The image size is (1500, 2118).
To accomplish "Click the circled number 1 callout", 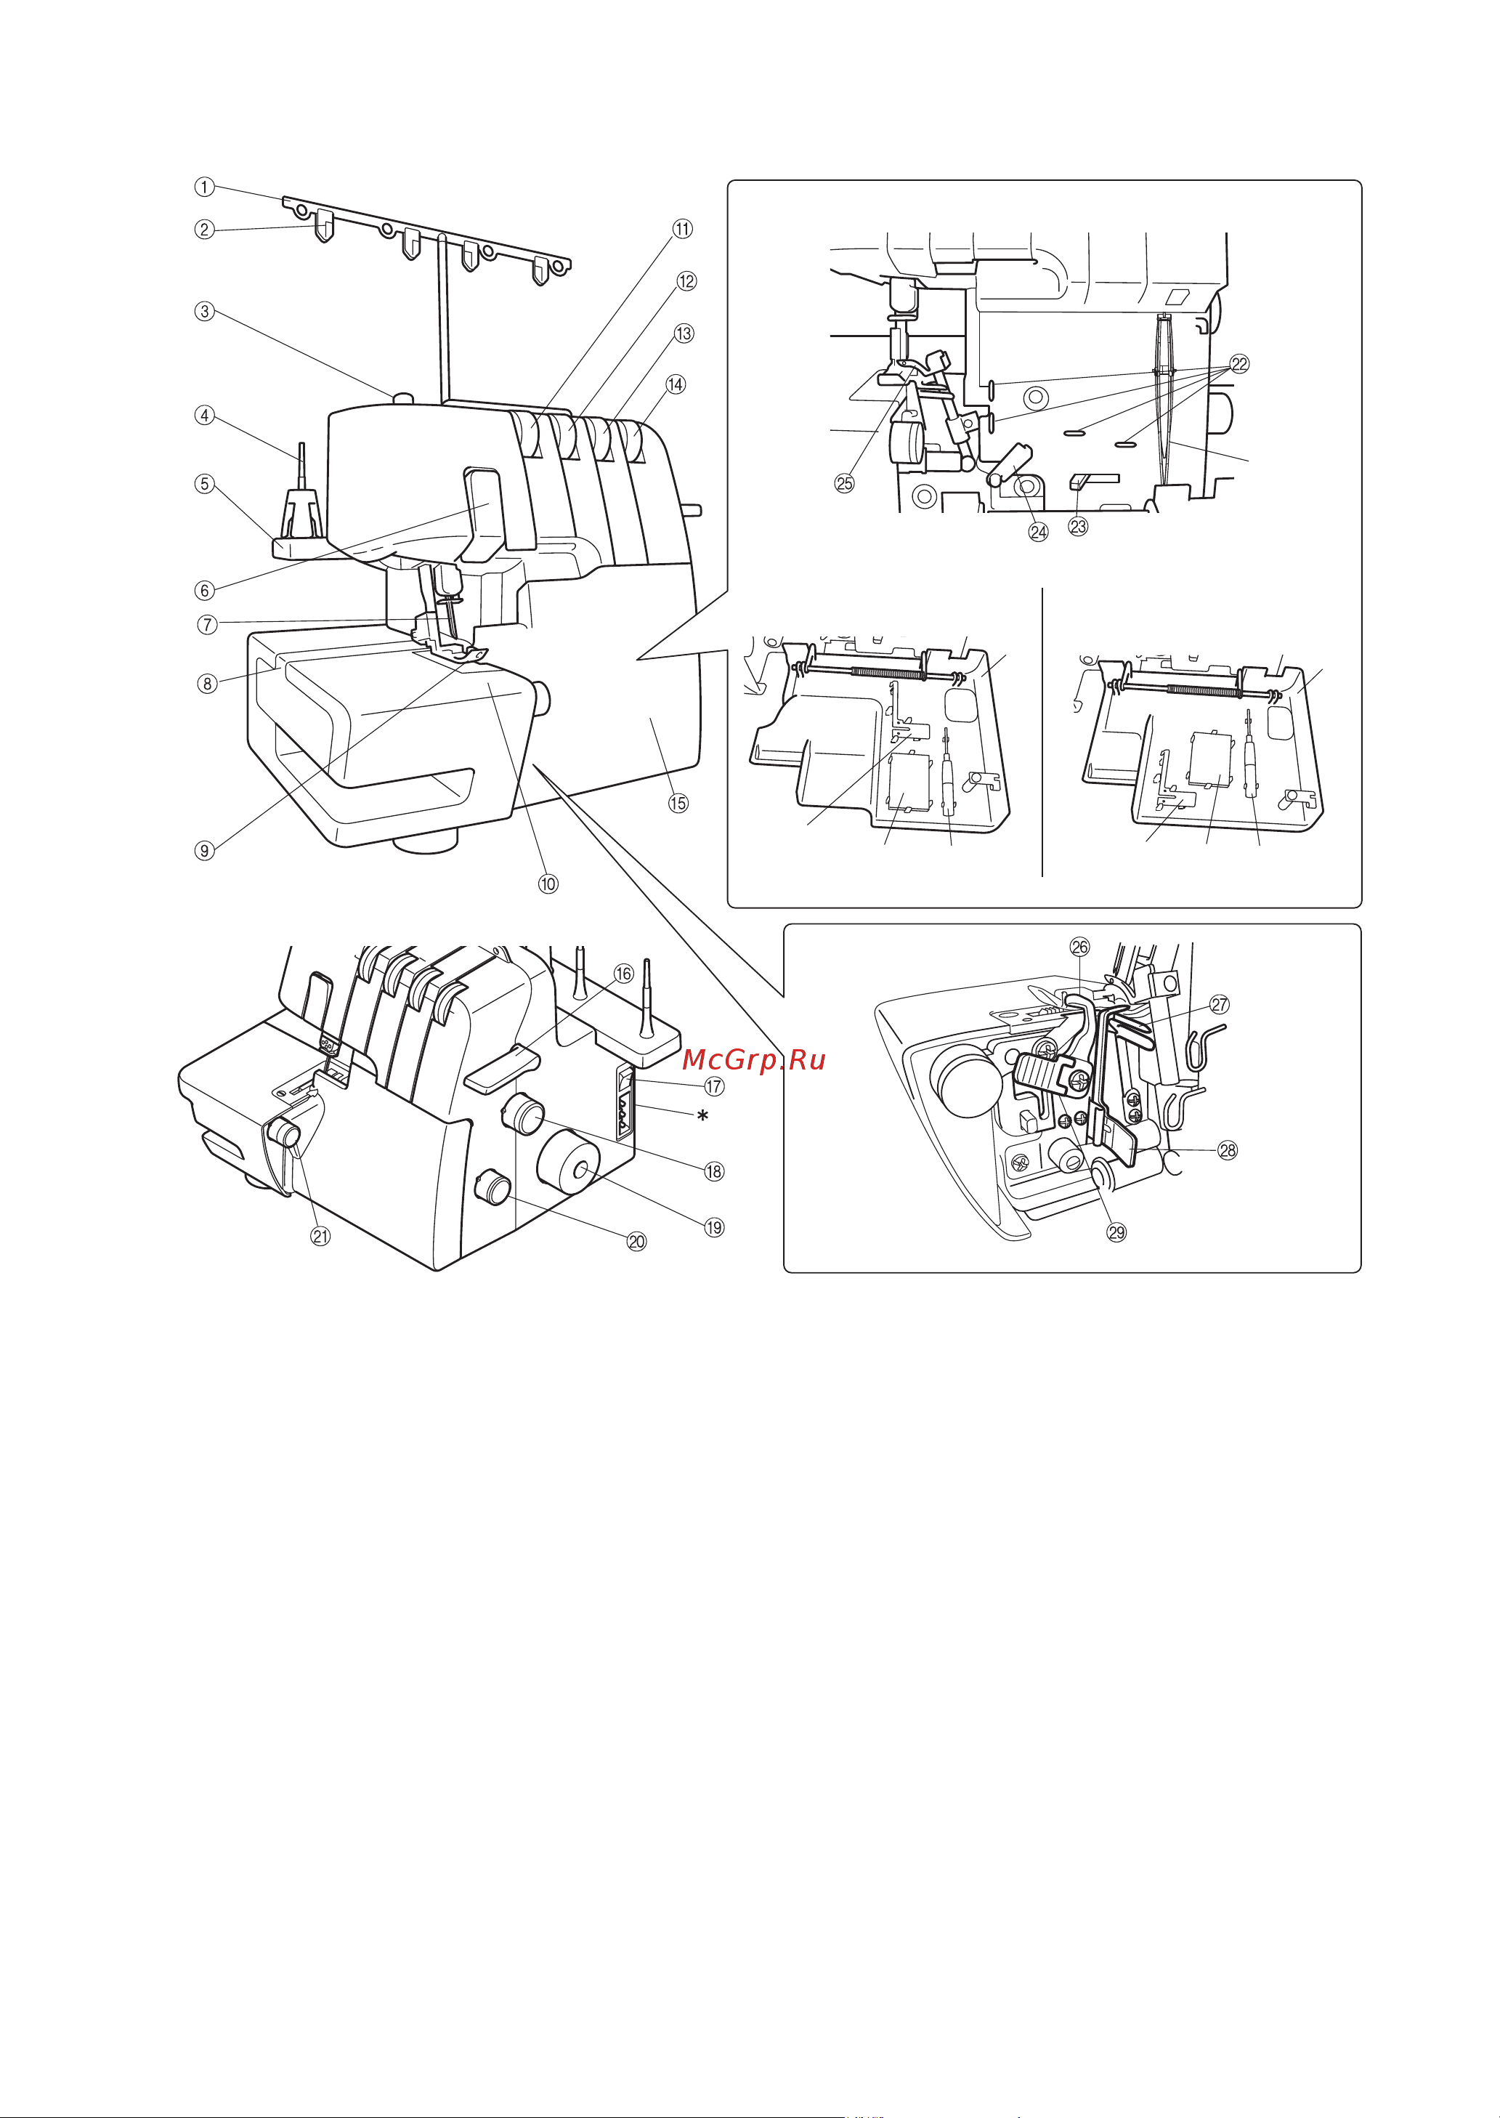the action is pyautogui.click(x=204, y=187).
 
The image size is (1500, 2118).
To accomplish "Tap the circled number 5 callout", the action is pyautogui.click(x=204, y=484).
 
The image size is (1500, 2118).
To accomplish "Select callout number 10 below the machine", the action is pyautogui.click(x=548, y=883).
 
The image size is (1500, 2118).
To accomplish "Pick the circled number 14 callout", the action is pyautogui.click(x=676, y=384).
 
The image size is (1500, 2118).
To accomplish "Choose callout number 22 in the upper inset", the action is pyautogui.click(x=1239, y=364).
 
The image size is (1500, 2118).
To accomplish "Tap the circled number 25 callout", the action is pyautogui.click(x=844, y=483).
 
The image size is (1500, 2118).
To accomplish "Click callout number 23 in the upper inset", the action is pyautogui.click(x=1078, y=527).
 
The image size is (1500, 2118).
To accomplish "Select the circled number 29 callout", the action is pyautogui.click(x=1116, y=1232).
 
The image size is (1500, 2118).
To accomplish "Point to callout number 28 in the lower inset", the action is pyautogui.click(x=1228, y=1150).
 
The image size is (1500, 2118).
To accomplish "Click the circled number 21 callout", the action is pyautogui.click(x=320, y=1236).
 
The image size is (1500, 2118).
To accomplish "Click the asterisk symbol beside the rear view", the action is pyautogui.click(x=703, y=1116).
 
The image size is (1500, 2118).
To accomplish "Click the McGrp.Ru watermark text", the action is pyautogui.click(x=755, y=1060).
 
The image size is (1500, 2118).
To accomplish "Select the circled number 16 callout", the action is pyautogui.click(x=625, y=974).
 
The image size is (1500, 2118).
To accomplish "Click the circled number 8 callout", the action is pyautogui.click(x=207, y=684).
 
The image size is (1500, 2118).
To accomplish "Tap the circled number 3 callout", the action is pyautogui.click(x=204, y=311).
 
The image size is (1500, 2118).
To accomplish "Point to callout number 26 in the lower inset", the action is pyautogui.click(x=1079, y=947).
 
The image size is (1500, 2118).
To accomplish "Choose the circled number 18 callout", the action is pyautogui.click(x=714, y=1171).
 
